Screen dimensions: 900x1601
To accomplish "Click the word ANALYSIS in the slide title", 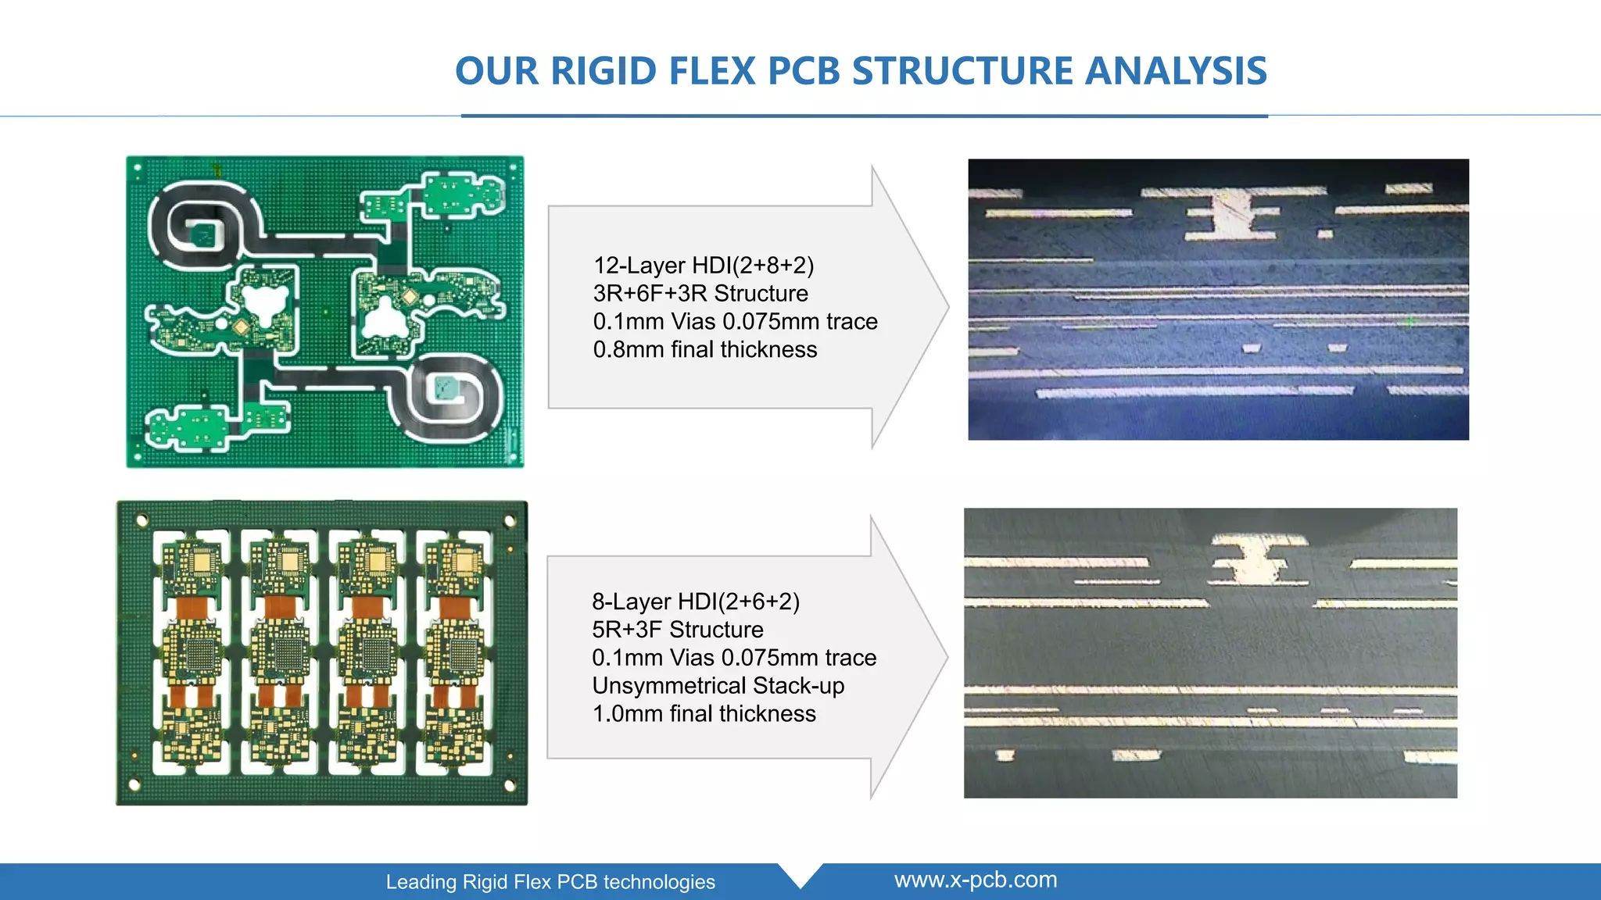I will click(1176, 71).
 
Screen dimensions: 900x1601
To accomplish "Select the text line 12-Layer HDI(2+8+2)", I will click(704, 266).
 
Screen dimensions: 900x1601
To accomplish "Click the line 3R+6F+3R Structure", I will click(700, 294).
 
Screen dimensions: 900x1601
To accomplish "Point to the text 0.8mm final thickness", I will click(705, 350).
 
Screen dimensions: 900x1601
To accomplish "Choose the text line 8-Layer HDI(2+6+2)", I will click(696, 602).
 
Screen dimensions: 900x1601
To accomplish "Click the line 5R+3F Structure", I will click(678, 630).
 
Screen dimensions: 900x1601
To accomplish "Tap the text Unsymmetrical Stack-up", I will click(718, 686).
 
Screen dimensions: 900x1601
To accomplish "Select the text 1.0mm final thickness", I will click(704, 714).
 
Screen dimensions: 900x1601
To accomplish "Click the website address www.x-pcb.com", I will click(976, 880).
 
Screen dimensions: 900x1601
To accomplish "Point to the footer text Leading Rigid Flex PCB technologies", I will click(550, 882).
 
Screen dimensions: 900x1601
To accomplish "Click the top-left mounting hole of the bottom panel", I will click(142, 520).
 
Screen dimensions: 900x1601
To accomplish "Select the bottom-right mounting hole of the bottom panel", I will click(510, 784).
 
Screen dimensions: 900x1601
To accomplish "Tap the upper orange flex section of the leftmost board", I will click(192, 607).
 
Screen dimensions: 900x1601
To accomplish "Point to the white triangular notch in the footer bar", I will click(800, 874).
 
